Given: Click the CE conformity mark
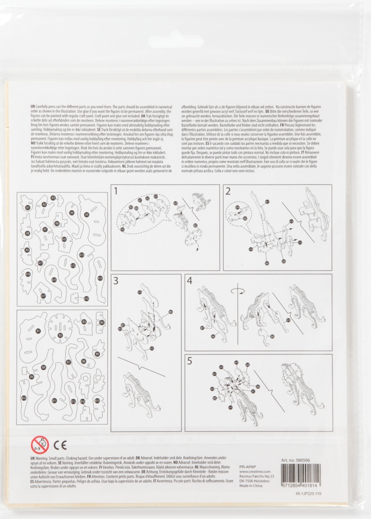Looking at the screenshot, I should pyautogui.click(x=60, y=444).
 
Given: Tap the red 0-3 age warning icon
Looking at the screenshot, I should pyautogui.click(x=39, y=444).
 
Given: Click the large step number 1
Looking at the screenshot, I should pyautogui.click(x=116, y=192).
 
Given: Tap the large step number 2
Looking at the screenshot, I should pyautogui.click(x=228, y=192).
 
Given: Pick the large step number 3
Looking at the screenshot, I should pyautogui.click(x=116, y=281).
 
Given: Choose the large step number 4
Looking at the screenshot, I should pyautogui.click(x=189, y=281).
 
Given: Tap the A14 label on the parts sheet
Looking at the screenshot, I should pyautogui.click(x=100, y=278).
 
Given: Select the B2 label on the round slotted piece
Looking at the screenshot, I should pyautogui.click(x=60, y=336).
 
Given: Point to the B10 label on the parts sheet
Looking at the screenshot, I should pyautogui.click(x=24, y=398).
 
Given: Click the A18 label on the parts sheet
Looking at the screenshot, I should pyautogui.click(x=86, y=298).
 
